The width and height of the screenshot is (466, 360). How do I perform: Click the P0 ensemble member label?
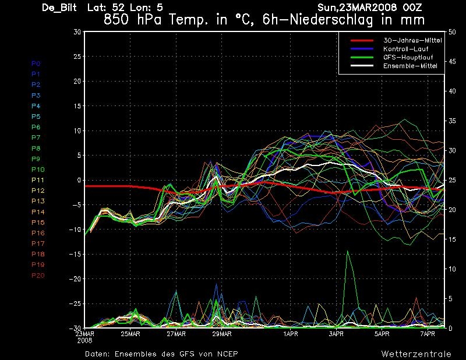(36, 63)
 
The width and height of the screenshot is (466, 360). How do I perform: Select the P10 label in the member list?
(38, 169)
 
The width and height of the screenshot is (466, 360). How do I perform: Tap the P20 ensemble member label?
(38, 275)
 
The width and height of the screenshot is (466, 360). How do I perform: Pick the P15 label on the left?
(38, 222)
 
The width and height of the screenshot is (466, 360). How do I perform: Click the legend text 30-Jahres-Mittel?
(410, 40)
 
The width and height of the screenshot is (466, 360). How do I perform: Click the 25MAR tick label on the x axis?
(130, 334)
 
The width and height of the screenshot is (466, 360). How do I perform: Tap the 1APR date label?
(291, 334)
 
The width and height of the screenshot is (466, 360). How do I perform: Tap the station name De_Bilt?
(61, 8)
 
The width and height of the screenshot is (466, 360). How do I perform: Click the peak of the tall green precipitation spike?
(348, 251)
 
